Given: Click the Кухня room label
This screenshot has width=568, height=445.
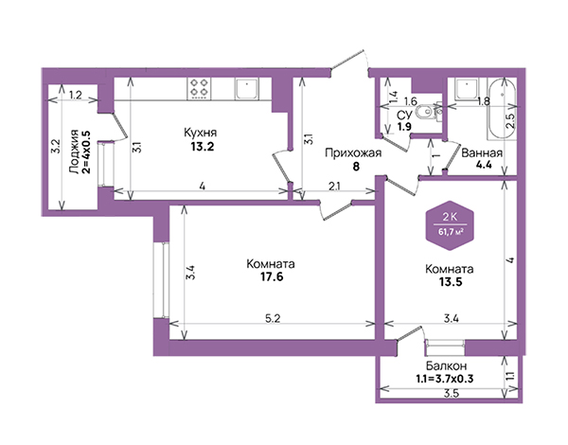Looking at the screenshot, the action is pos(201,133).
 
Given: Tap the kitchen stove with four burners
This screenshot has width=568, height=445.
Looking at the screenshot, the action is pos(199,88).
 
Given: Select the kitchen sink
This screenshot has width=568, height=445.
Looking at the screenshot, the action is pos(247,89).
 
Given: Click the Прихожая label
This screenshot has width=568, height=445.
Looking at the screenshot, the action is pos(353,153).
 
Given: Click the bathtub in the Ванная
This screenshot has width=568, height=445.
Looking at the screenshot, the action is pos(502,109).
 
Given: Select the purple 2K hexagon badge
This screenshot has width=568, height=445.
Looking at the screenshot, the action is pos(450,225).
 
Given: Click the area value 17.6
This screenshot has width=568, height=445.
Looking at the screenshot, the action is pos(272,276).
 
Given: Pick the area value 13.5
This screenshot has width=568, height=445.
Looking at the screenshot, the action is pos(451,282).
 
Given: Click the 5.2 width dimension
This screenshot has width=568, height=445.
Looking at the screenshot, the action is pos(273,318).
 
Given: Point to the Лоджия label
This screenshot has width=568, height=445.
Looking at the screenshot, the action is pos(74,151).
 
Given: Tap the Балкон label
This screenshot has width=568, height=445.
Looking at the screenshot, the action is pos(446,365).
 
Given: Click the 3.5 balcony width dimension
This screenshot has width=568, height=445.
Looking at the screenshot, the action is pos(452,394).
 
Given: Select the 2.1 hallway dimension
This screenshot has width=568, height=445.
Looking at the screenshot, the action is pos(333,187).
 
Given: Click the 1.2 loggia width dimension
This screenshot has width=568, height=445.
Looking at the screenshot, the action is pos(76,95).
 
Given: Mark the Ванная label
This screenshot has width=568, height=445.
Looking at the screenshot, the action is pos(482,153).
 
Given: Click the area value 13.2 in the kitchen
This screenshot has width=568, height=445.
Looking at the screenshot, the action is pos(203,146).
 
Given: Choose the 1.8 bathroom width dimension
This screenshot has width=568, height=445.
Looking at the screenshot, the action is pos(484,101).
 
